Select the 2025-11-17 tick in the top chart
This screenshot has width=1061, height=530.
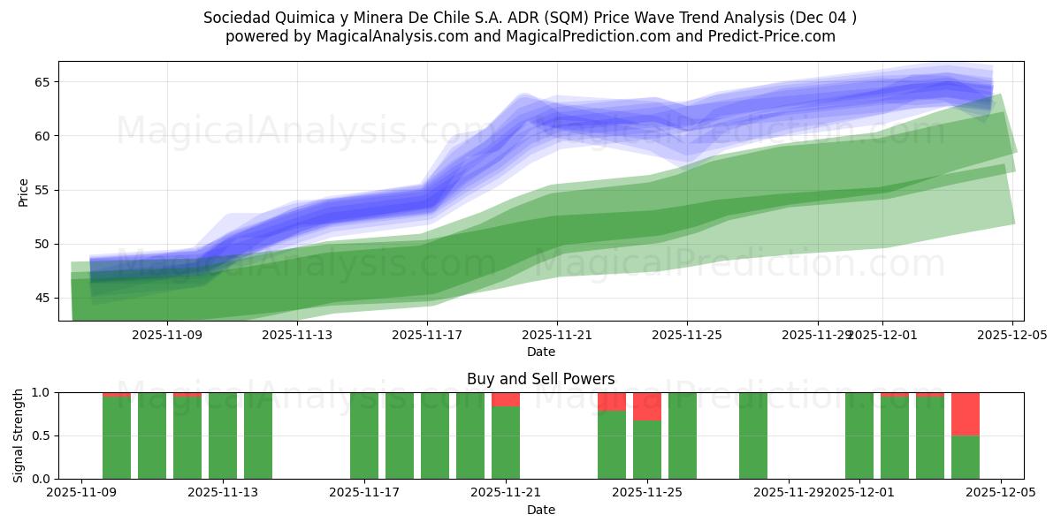(x=427, y=335)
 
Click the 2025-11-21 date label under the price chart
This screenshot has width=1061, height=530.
(x=557, y=335)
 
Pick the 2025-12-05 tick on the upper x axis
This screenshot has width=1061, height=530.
(x=1011, y=335)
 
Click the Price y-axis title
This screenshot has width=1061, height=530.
(x=23, y=191)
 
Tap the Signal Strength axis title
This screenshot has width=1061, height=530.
(x=19, y=435)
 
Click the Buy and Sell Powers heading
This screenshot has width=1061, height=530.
(x=541, y=379)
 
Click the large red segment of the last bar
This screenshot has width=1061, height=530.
(x=966, y=413)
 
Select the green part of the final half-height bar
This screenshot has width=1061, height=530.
(x=966, y=458)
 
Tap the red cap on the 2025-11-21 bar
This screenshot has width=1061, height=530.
(x=506, y=399)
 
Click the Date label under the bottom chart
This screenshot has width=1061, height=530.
(x=541, y=510)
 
